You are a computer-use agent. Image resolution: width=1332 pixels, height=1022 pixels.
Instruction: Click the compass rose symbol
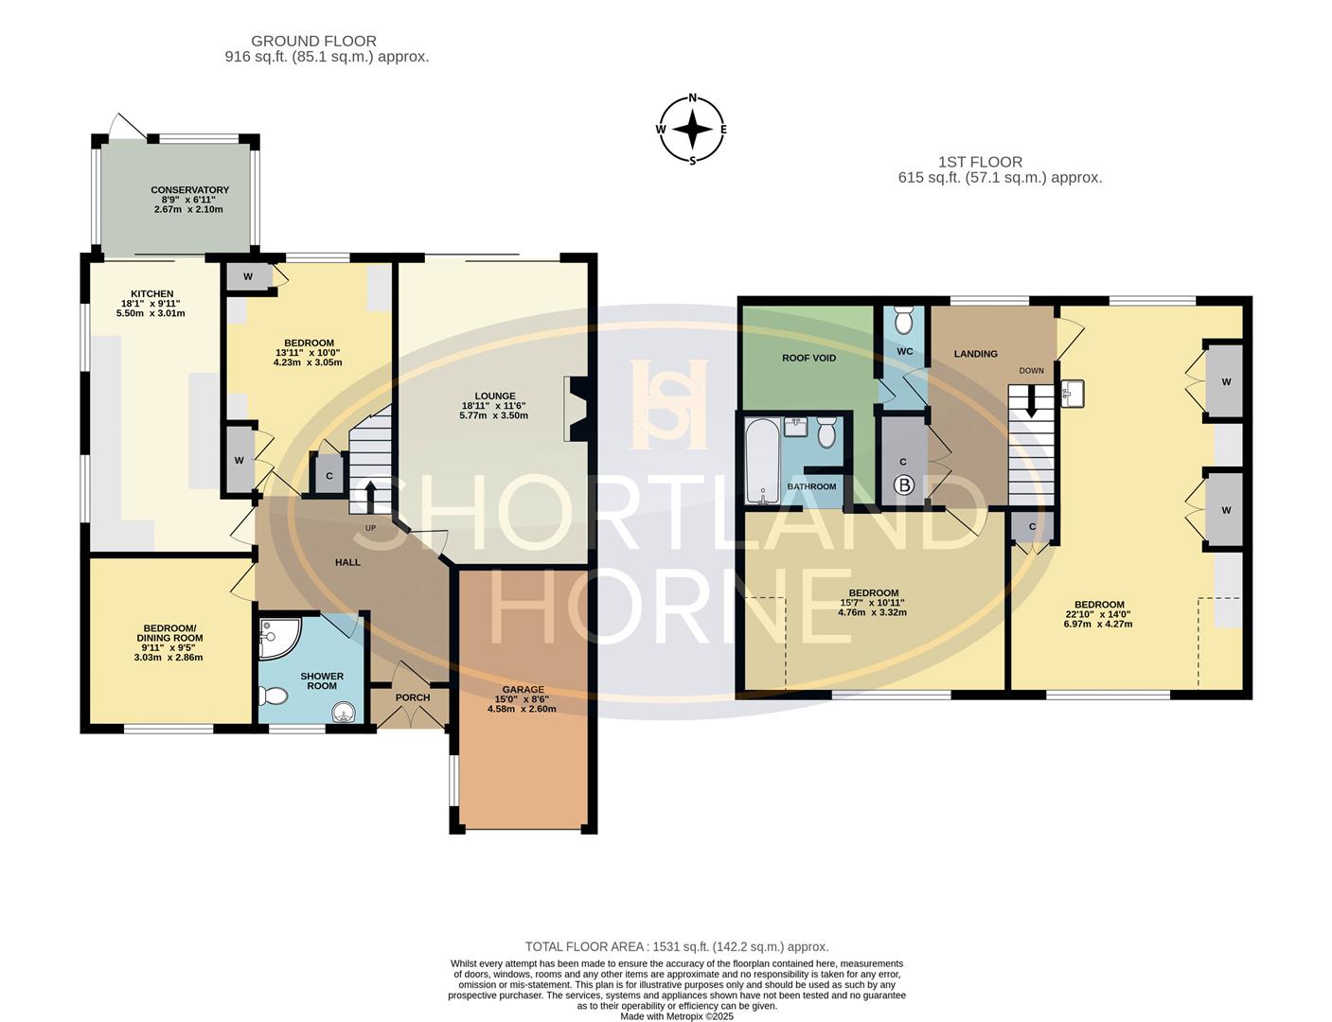point(692,130)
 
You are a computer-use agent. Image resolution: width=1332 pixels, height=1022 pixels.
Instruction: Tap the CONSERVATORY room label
point(189,190)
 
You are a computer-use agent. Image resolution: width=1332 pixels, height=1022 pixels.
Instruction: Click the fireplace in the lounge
point(576,409)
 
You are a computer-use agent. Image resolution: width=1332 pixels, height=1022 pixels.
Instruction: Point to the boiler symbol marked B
point(904,486)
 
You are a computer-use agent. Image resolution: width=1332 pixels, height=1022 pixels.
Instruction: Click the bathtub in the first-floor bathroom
point(761,462)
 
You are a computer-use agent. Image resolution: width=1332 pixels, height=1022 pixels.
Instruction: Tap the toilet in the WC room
point(904,322)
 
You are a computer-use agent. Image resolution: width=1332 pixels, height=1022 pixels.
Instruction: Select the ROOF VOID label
point(808,358)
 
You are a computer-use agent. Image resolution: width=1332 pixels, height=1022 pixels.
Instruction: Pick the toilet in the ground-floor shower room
point(273,697)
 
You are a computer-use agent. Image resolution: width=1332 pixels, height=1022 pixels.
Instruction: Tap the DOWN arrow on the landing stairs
point(1032,402)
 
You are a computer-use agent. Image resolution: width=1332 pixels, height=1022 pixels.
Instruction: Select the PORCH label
point(412,697)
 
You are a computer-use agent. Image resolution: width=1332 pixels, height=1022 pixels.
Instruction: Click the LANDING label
point(975,354)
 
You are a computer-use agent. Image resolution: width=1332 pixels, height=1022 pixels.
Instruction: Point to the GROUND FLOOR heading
point(313,41)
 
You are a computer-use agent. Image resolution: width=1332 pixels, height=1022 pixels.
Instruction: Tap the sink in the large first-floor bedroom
point(1072,394)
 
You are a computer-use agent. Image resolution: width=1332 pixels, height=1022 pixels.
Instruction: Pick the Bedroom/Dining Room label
point(169,633)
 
